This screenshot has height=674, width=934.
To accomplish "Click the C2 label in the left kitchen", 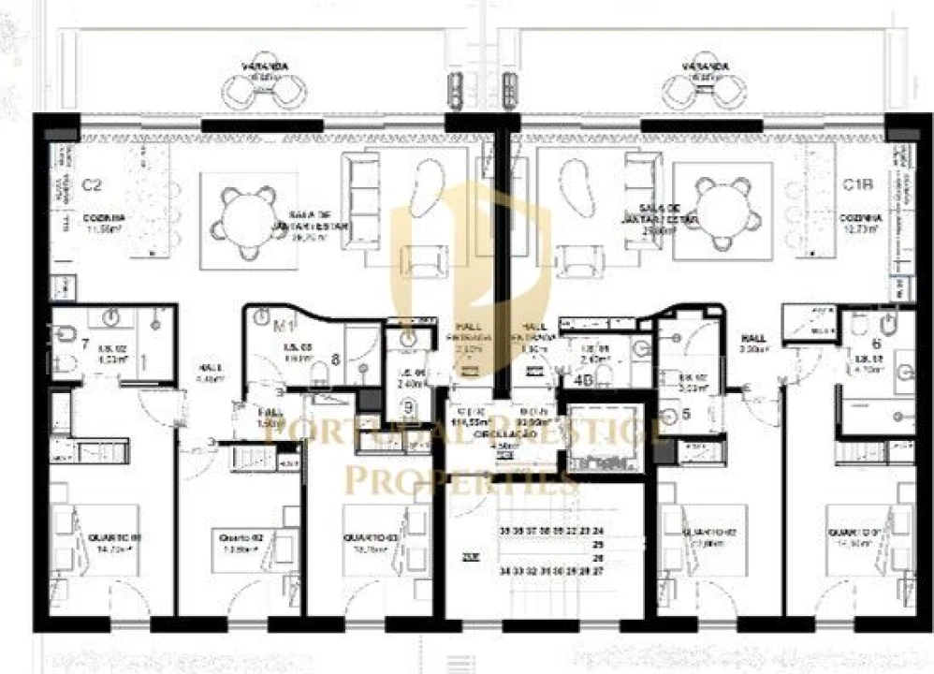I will point(91,184).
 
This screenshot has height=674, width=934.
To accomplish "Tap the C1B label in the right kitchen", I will point(852,184).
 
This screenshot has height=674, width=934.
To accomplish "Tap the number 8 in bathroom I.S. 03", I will point(334,357).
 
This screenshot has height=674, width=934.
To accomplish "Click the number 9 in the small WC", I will point(409,406).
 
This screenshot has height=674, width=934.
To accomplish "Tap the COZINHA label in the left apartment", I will point(106,216).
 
